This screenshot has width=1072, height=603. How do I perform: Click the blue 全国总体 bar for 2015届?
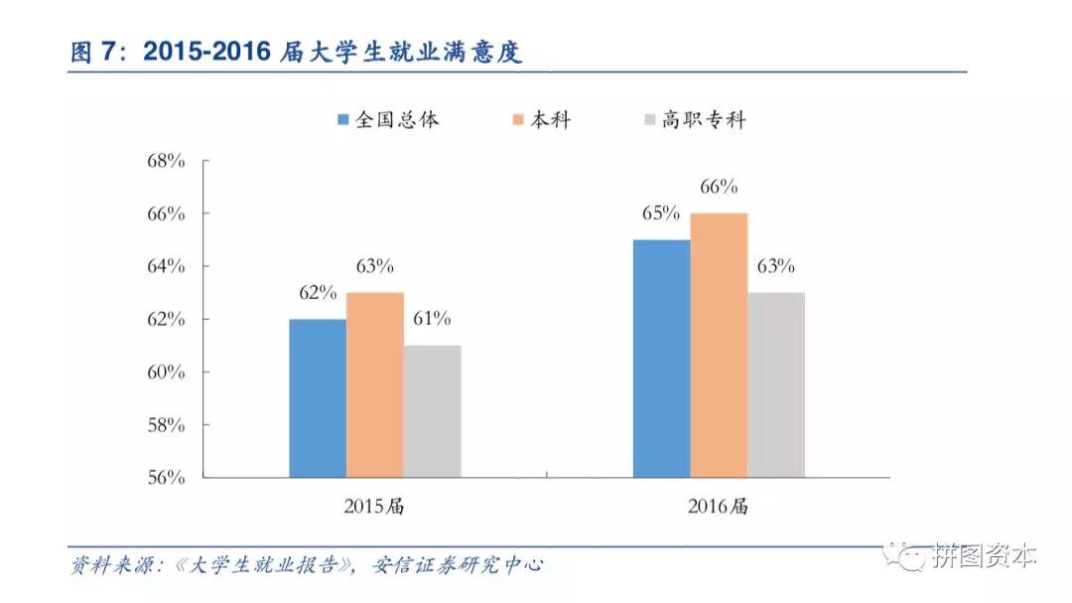318,397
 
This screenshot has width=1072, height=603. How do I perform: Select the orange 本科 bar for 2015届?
375,384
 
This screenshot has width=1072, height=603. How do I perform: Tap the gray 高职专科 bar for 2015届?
433,411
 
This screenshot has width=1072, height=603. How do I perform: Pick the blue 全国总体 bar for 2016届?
661,358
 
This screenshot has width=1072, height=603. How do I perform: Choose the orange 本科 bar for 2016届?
719,345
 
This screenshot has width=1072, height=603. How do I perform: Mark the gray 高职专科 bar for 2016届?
776,384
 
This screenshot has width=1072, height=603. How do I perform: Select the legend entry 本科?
541,120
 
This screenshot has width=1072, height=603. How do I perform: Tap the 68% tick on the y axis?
166,161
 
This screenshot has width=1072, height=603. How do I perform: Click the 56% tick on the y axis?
166,478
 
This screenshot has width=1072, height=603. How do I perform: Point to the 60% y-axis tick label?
166,373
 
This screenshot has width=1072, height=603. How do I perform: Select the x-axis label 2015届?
374,507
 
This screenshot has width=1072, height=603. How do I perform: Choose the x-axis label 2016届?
718,507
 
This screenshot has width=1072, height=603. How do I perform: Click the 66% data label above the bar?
719,187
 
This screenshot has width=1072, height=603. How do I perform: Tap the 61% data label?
432,319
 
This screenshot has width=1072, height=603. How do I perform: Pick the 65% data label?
660,214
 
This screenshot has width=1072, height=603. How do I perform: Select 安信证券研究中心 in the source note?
459,566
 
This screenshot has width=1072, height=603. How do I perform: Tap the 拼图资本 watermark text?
984,557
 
